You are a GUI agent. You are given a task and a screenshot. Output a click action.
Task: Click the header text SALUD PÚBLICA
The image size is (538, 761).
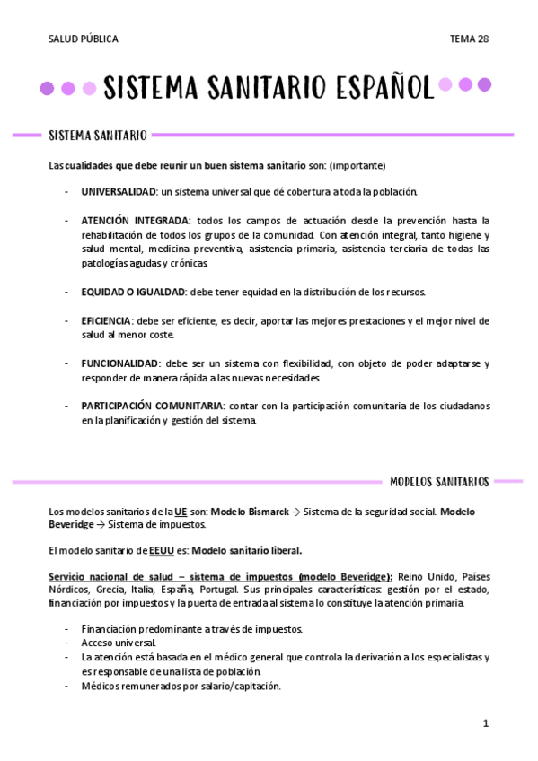click(83, 39)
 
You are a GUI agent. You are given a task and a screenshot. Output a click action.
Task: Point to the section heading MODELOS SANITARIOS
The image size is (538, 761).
click(439, 482)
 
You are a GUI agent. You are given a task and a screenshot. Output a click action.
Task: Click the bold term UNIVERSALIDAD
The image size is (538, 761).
click(119, 192)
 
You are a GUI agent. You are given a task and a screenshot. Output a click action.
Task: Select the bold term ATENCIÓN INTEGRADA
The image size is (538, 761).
click(136, 220)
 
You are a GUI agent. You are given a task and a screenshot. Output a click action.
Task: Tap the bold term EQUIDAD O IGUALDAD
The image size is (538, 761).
click(133, 293)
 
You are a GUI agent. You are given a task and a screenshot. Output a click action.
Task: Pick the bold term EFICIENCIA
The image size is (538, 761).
click(106, 320)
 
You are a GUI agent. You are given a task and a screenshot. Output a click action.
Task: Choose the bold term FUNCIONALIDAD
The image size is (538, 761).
click(120, 363)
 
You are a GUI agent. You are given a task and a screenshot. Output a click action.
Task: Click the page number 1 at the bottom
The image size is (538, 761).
click(485, 722)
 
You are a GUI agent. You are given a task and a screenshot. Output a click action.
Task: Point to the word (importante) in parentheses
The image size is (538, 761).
click(357, 165)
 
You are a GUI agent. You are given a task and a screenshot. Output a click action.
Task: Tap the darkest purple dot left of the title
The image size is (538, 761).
click(48, 88)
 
